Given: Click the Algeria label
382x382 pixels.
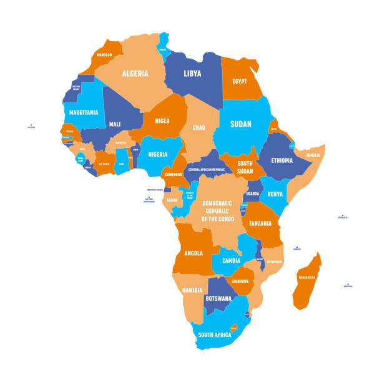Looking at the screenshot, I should click(x=134, y=74).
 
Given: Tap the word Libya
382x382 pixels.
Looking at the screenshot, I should click(x=192, y=74).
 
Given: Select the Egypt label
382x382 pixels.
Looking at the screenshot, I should click(x=240, y=82).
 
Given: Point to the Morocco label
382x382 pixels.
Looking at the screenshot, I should click(x=104, y=55).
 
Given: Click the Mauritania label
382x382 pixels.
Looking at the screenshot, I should click(x=84, y=112).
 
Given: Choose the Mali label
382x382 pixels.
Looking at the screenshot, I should click(x=115, y=124).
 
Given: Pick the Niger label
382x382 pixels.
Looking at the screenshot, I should click(x=162, y=120).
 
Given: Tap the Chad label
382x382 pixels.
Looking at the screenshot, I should click(x=198, y=127).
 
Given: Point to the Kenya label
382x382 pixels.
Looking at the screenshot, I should click(x=275, y=194).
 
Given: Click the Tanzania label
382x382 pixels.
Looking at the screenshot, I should click(x=260, y=223).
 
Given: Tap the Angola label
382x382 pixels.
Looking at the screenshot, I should click(x=193, y=253).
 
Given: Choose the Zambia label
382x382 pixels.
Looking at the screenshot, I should click(x=231, y=260).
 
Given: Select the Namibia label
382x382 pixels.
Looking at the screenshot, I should click(x=192, y=291).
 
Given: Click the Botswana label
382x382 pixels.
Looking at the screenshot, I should click(x=219, y=298).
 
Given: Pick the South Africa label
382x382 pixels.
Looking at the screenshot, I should click(x=215, y=335).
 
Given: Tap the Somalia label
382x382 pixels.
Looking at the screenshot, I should click(x=313, y=155).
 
